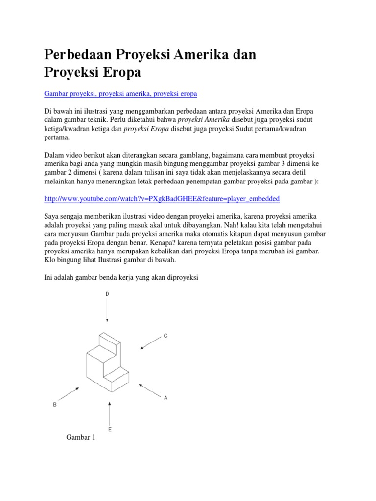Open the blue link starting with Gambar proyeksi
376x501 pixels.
tap(120, 93)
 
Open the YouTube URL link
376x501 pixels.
tap(162, 199)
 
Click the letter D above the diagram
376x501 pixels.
tap(107, 294)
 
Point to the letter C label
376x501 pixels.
tap(165, 336)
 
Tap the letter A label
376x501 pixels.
tap(165, 398)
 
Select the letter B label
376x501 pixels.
tap(55, 405)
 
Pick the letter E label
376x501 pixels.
tap(110, 429)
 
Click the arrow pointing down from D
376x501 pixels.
tap(107, 311)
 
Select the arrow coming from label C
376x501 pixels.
tap(150, 343)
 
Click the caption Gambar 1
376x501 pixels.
tap(80, 438)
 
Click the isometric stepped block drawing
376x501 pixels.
tap(107, 362)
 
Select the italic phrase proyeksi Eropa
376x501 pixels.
tap(146, 130)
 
